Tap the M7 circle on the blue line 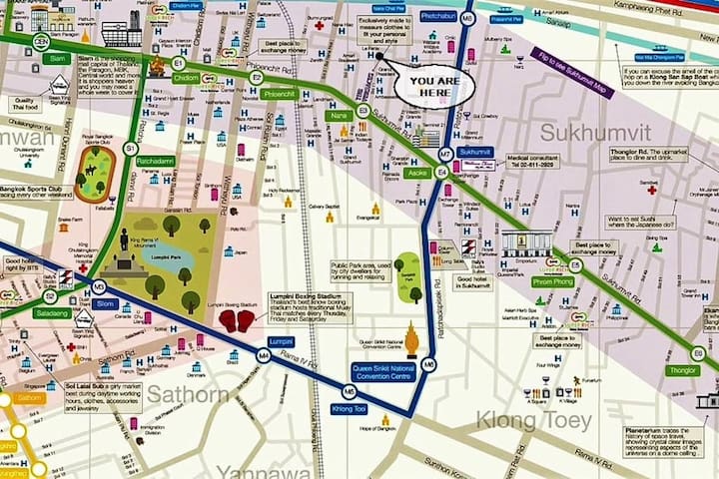coord(446,154)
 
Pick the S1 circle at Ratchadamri coord(129,149)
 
